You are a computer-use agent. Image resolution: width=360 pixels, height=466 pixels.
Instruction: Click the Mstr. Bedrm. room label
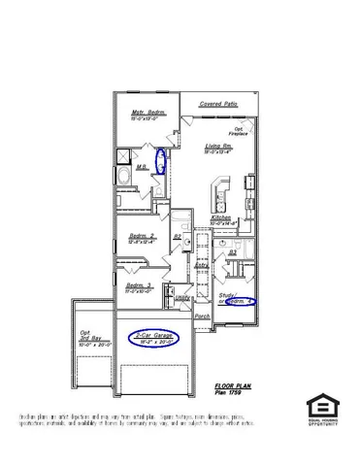[148, 113]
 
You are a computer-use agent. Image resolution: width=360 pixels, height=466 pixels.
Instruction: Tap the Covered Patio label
[218, 103]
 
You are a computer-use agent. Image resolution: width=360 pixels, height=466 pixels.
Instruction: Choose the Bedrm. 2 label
[143, 236]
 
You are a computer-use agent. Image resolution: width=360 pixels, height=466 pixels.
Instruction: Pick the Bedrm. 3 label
[140, 284]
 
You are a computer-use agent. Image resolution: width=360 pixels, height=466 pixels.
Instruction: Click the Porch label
[203, 316]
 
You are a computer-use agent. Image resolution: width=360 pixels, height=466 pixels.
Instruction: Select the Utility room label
[180, 298]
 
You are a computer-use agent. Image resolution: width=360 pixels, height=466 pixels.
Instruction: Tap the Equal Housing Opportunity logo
[321, 409]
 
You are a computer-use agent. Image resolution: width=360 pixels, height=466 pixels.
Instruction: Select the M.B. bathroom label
[142, 166]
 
